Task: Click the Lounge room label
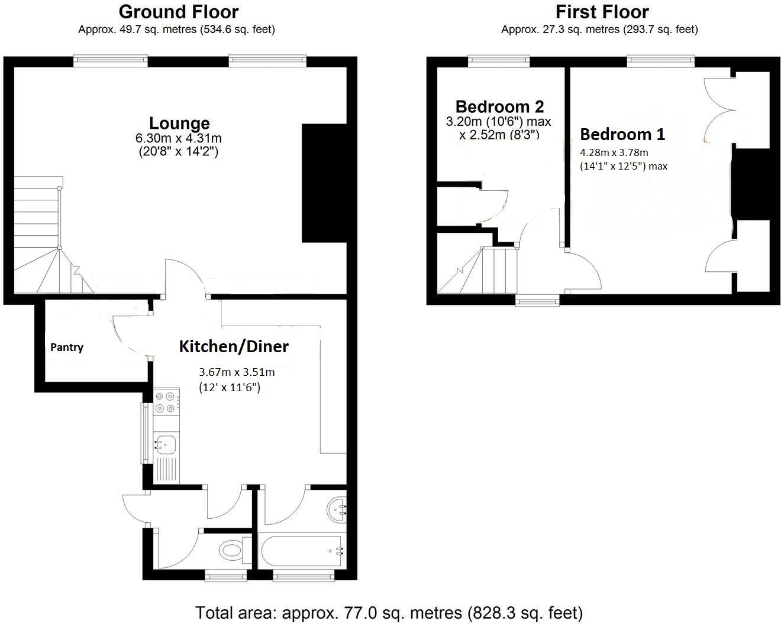click(179, 123)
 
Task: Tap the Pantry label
click(66, 347)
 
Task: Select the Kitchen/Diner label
click(234, 346)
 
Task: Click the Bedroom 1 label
click(622, 134)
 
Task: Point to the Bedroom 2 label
click(499, 106)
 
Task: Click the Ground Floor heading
click(179, 12)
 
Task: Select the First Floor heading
click(602, 12)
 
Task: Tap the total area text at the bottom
click(389, 613)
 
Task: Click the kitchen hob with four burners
click(166, 402)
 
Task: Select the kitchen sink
click(165, 442)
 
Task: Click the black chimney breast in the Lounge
click(324, 183)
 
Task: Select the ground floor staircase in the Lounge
click(44, 236)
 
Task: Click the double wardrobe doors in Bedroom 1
click(719, 109)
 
